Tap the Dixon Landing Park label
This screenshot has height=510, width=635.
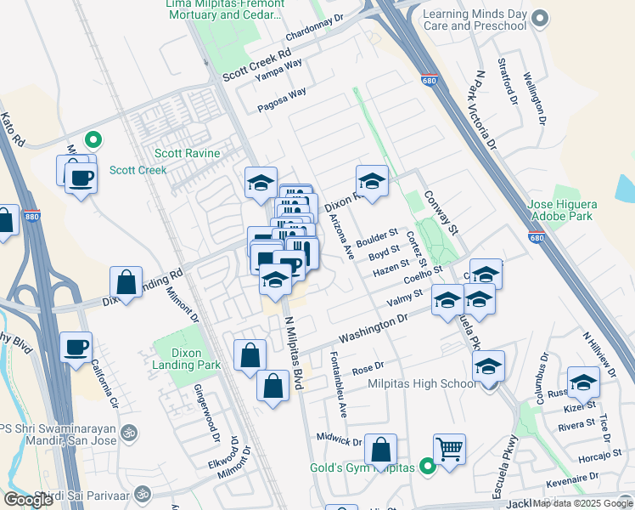tap(178, 359)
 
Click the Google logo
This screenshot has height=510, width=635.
tap(28, 499)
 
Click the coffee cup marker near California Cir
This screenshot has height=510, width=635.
tap(76, 347)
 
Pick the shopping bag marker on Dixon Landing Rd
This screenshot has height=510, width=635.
tap(126, 282)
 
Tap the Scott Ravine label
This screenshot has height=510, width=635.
tap(187, 154)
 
